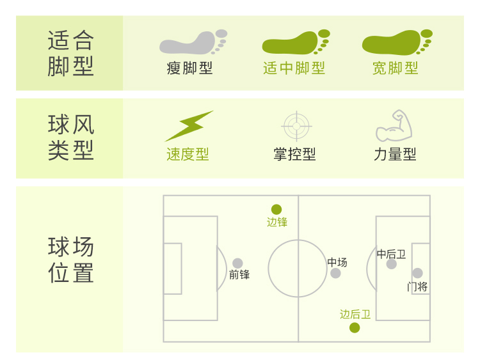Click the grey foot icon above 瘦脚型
click(x=192, y=43)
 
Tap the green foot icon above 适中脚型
click(x=295, y=43)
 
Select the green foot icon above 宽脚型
click(x=396, y=43)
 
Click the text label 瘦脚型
click(x=189, y=68)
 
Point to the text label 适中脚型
click(x=294, y=68)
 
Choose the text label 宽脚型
click(x=396, y=68)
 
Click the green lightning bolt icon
click(x=189, y=126)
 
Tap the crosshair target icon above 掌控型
click(x=296, y=125)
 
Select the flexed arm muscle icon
click(x=394, y=125)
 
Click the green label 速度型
click(x=188, y=154)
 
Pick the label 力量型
click(x=395, y=154)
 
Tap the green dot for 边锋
click(x=276, y=209)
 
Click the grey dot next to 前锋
click(x=237, y=263)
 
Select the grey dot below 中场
click(x=335, y=273)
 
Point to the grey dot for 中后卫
click(x=391, y=263)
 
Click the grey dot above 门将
click(x=417, y=273)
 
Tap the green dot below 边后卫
click(x=355, y=328)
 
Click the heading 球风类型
click(x=70, y=137)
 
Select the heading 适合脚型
click(x=70, y=53)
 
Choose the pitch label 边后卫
click(x=355, y=314)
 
